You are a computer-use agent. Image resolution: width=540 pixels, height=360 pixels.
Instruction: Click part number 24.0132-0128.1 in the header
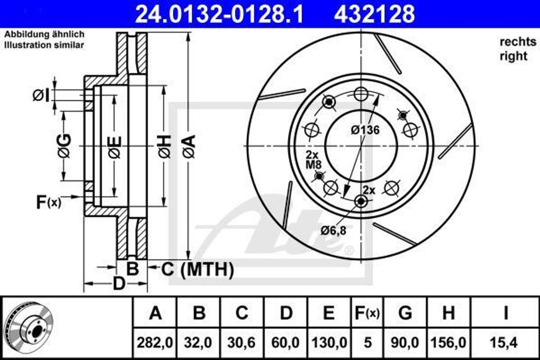click(x=219, y=14)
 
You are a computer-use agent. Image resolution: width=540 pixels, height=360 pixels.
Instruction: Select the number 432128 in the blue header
click(x=374, y=14)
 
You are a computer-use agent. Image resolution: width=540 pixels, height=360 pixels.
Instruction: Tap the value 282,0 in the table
click(x=155, y=343)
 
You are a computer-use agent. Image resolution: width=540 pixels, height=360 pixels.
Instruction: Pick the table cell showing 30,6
click(x=242, y=343)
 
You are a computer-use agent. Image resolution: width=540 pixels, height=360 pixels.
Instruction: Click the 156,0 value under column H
click(x=448, y=343)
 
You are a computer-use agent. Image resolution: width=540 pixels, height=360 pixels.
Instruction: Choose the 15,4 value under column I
click(x=505, y=343)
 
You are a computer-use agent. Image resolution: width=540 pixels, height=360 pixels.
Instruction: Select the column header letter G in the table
click(x=405, y=313)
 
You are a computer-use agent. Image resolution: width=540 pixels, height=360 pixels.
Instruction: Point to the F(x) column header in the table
click(x=366, y=313)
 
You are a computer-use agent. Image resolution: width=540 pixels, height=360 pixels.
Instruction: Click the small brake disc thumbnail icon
click(x=32, y=327)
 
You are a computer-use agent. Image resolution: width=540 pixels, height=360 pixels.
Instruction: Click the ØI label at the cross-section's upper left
click(x=41, y=95)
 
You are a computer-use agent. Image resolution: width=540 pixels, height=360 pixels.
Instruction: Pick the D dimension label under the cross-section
click(x=120, y=284)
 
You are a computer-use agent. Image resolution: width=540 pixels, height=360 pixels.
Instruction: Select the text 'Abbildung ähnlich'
click(x=44, y=34)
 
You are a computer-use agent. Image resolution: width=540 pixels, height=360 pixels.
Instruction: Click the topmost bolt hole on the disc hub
click(x=361, y=94)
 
